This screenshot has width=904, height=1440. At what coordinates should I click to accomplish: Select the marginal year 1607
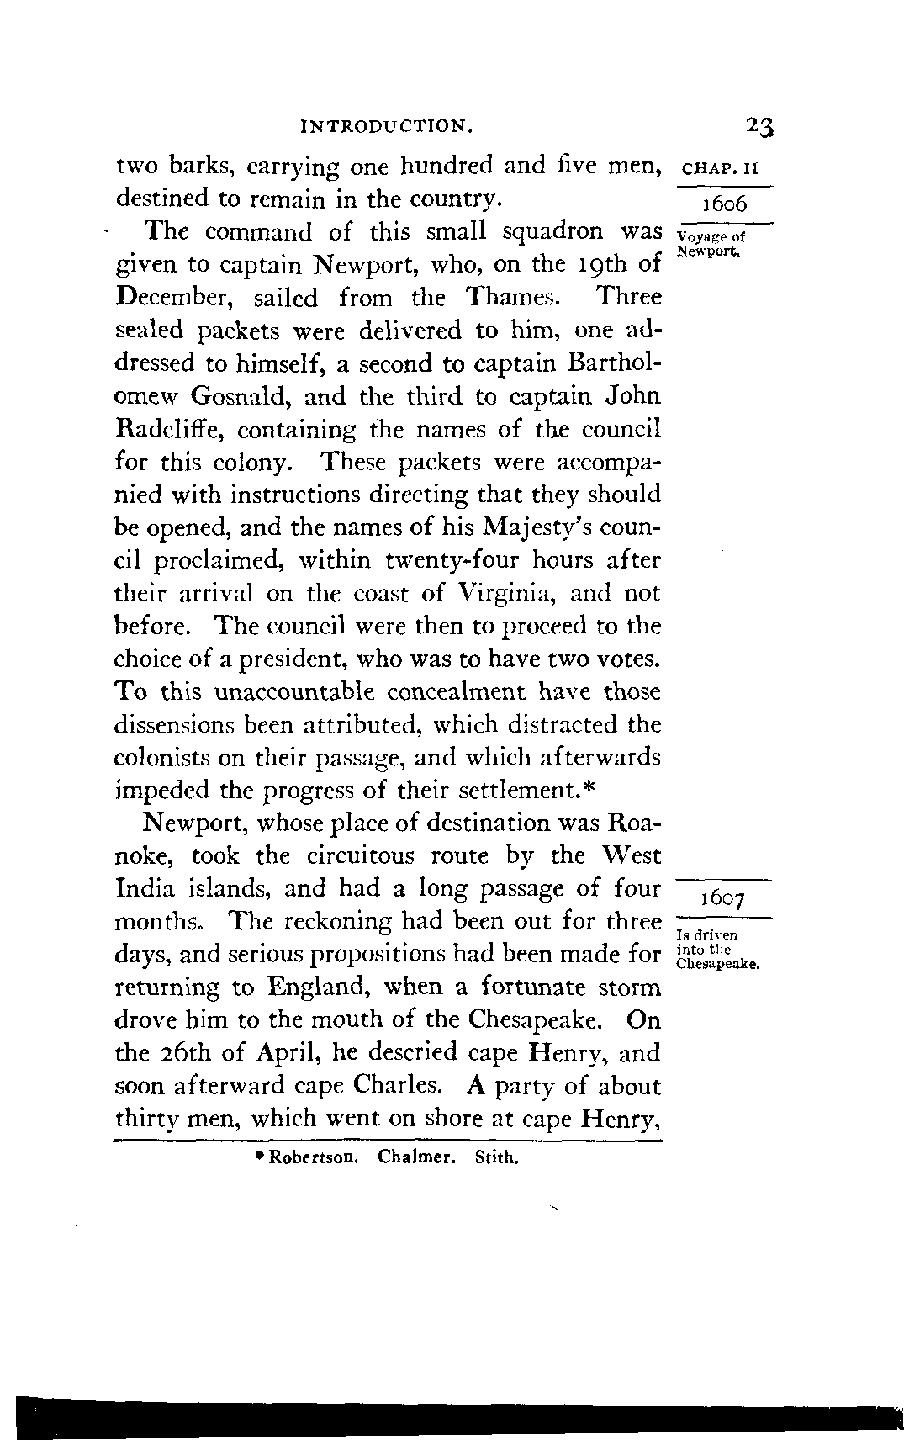tap(722, 898)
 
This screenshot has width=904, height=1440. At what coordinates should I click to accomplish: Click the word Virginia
tap(503, 594)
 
